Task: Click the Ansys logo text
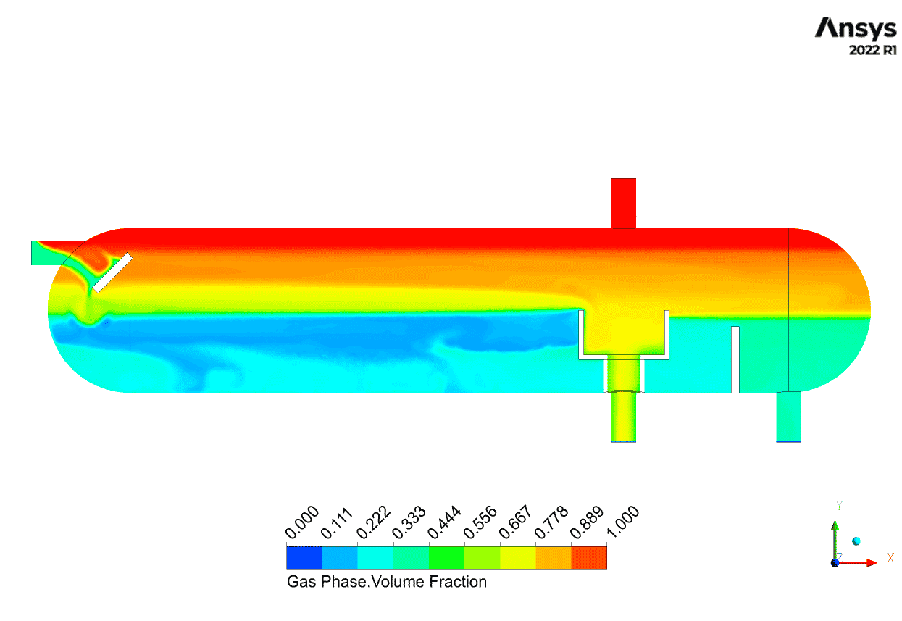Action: [856, 28]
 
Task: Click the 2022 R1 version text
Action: [872, 50]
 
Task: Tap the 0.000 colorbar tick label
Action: [302, 522]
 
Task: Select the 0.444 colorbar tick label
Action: [445, 522]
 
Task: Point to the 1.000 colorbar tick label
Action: [623, 522]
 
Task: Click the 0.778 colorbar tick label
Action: [551, 522]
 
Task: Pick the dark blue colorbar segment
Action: [304, 558]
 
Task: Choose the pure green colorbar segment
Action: [446, 558]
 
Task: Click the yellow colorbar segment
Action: [518, 558]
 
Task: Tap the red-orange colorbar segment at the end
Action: [589, 558]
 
